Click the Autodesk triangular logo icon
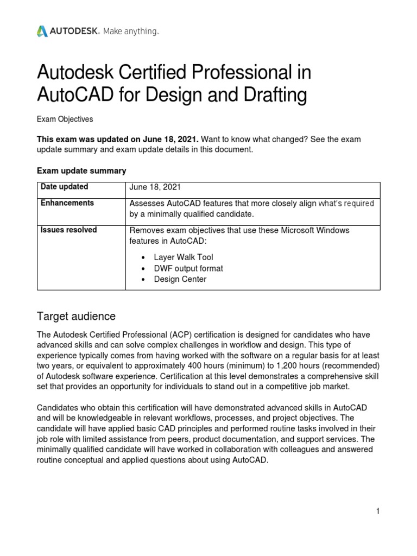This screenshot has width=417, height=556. (42, 31)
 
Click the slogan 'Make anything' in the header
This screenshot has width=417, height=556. (131, 32)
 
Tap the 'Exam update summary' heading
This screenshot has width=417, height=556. (81, 170)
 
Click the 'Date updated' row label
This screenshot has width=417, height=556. (65, 187)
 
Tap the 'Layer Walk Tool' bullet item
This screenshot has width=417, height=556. (184, 257)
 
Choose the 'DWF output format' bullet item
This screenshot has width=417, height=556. (188, 268)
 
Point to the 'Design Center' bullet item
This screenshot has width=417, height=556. (180, 279)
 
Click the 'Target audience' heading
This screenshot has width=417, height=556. (76, 316)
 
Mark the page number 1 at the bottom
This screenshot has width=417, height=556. (377, 511)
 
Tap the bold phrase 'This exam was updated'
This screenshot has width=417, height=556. (81, 140)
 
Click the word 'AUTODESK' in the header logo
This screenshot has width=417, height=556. (74, 32)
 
